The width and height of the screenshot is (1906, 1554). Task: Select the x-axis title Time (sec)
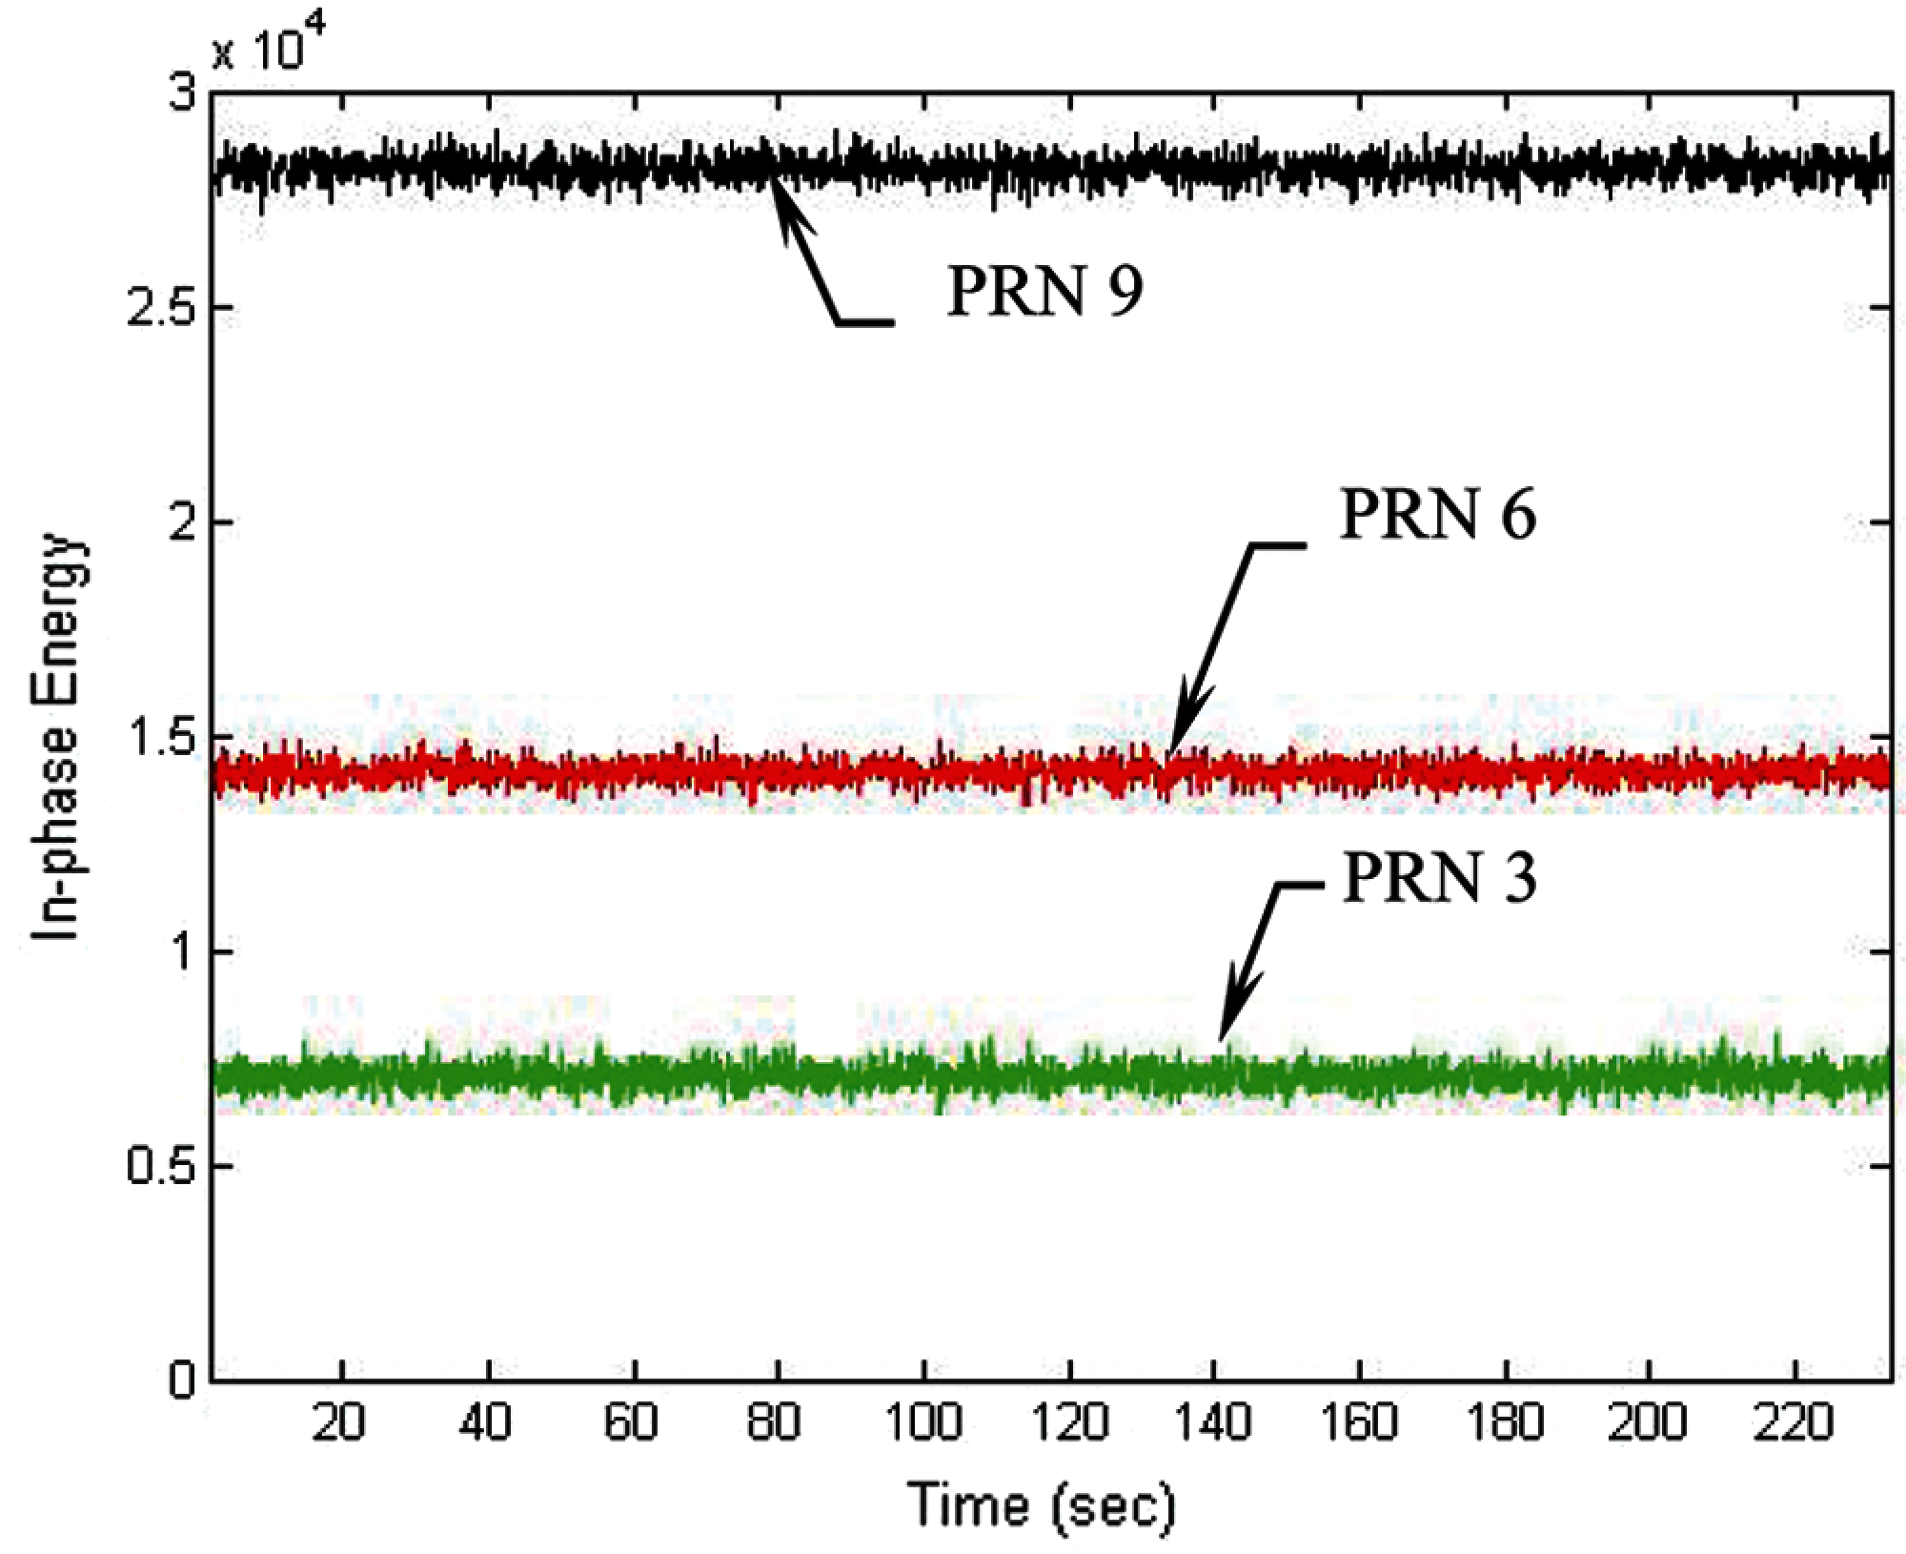tap(1043, 1505)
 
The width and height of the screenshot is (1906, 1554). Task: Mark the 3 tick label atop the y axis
tap(180, 94)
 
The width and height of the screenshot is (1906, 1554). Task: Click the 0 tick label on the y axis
tap(180, 1381)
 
